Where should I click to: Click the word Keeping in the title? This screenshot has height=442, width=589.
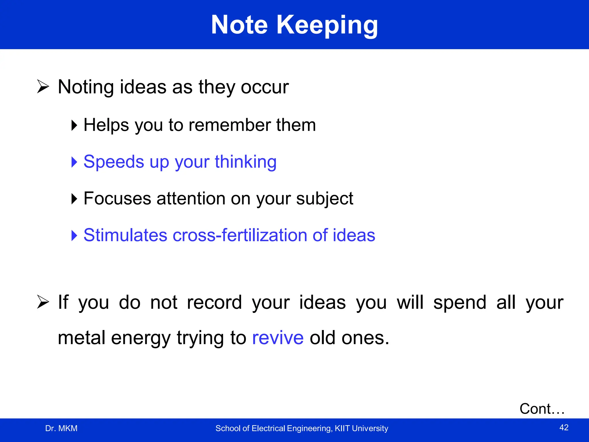327,25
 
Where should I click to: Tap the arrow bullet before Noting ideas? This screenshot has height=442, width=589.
43,87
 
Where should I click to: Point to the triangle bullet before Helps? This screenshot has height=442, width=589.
74,125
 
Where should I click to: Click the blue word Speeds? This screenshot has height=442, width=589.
114,162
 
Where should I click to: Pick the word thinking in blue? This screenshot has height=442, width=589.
246,162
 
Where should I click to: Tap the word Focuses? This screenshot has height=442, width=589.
117,198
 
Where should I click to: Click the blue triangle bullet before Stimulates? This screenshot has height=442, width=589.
74,235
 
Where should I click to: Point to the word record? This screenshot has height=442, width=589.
214,302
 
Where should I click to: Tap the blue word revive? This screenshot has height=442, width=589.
278,338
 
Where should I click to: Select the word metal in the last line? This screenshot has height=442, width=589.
81,338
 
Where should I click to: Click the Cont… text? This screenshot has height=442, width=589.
542,409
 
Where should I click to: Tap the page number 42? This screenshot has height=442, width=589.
564,427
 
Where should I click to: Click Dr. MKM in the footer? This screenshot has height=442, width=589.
61,428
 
